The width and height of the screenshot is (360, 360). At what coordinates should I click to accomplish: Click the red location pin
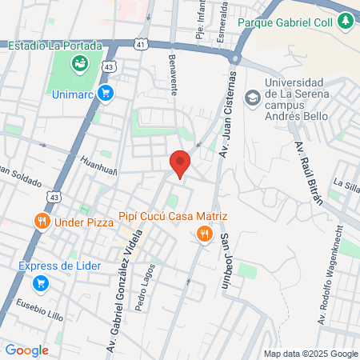[x=181, y=163]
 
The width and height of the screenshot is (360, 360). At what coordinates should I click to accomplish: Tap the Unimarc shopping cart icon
[x=106, y=94]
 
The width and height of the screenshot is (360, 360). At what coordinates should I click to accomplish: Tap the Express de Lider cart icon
[x=40, y=282]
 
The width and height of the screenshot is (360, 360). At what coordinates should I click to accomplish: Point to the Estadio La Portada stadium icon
[x=78, y=62]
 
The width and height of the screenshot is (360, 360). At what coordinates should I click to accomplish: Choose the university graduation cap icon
[x=253, y=97]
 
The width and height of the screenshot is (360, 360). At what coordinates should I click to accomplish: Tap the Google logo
[x=27, y=350]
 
